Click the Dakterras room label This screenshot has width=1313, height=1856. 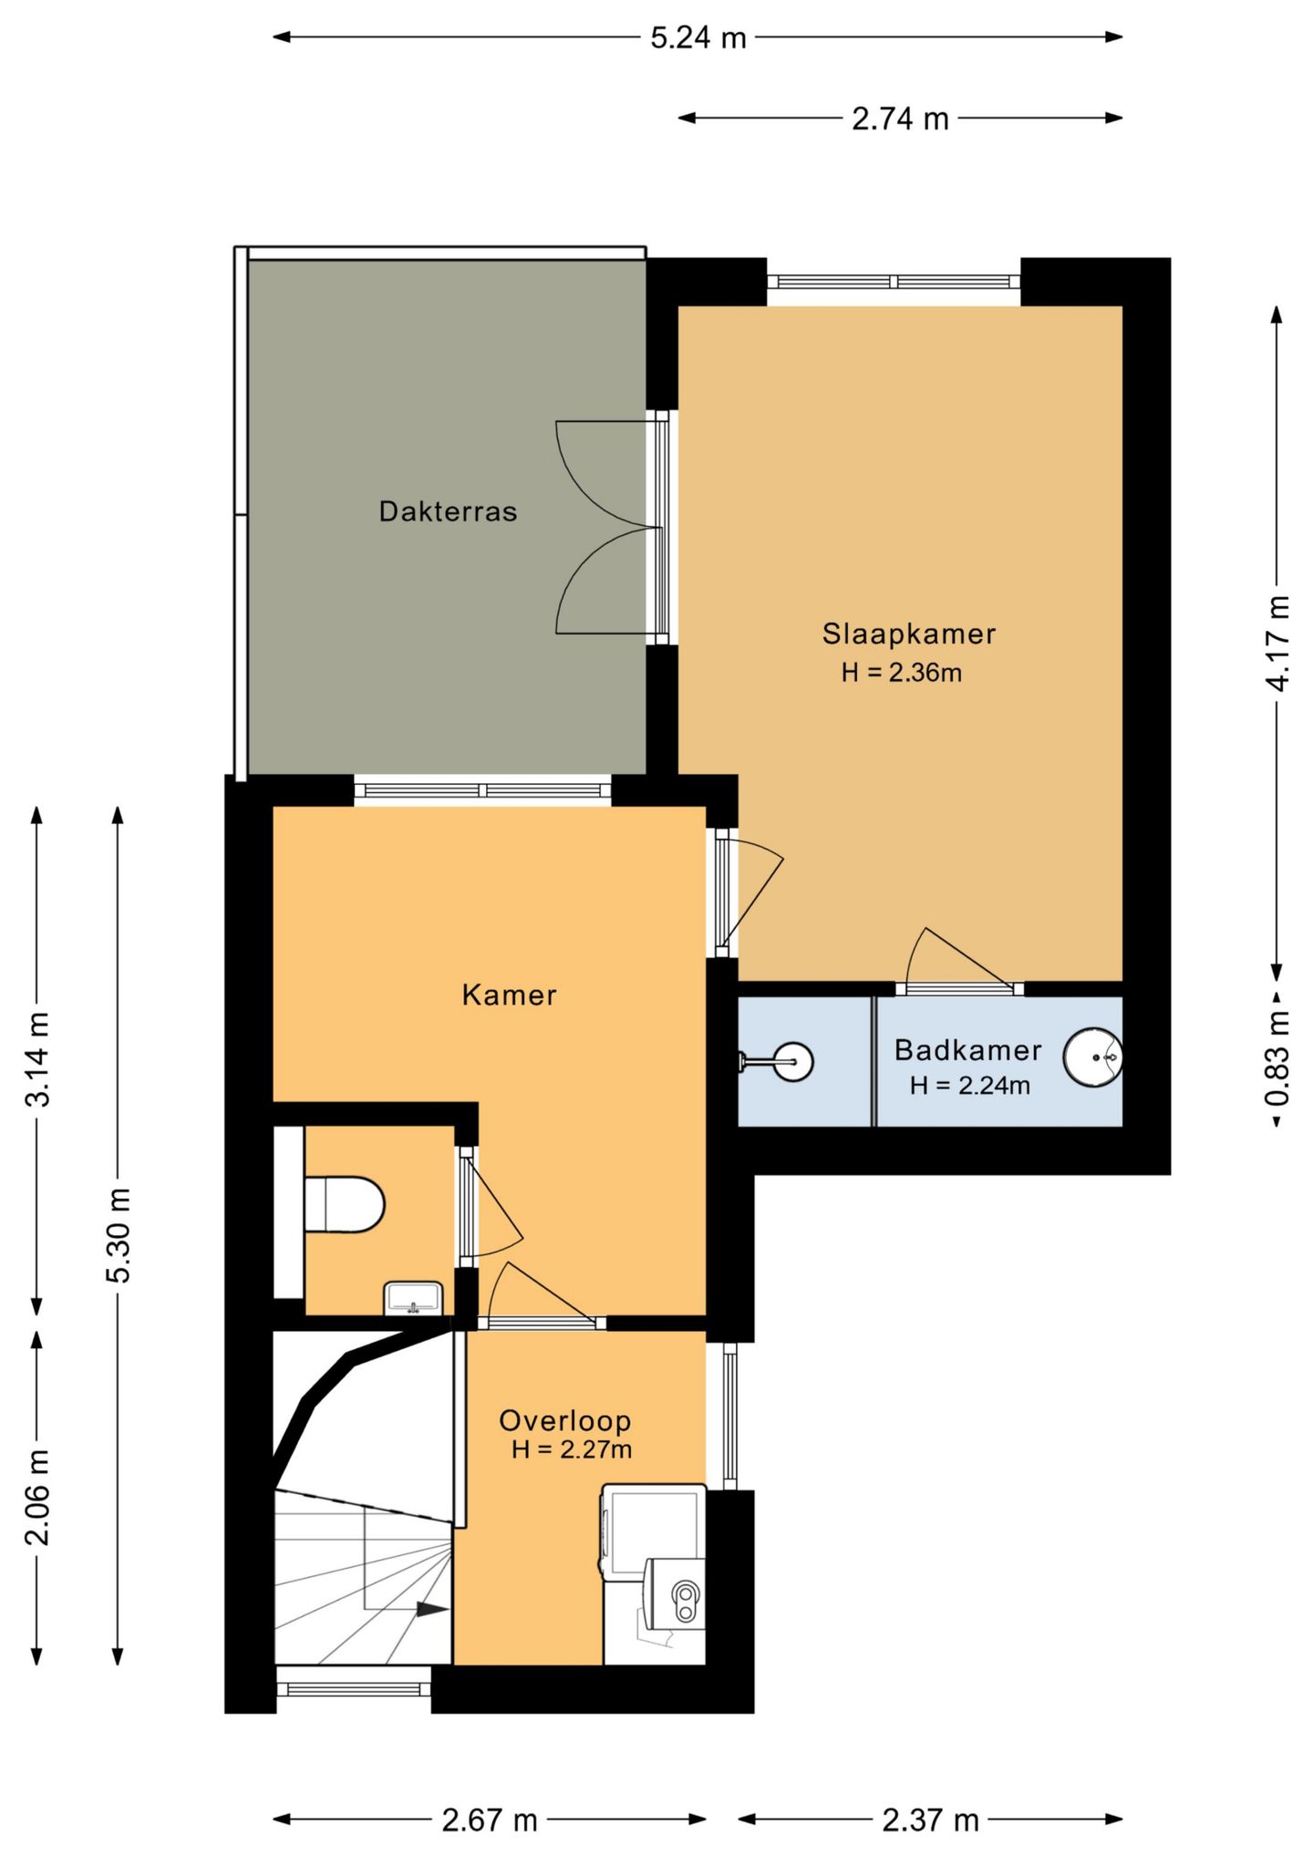(x=448, y=511)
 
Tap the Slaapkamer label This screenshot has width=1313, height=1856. (x=909, y=634)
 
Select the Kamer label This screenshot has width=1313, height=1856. (x=509, y=995)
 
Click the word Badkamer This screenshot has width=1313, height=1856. (x=967, y=1050)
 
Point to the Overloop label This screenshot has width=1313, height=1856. (x=565, y=1419)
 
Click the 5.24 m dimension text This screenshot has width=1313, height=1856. (x=698, y=38)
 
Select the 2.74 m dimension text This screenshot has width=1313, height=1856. (x=901, y=119)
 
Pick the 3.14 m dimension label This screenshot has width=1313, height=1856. (x=37, y=1058)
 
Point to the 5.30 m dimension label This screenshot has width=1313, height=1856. (x=119, y=1235)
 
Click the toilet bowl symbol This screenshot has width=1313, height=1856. (x=344, y=1204)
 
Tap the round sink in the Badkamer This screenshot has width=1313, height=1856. (x=1093, y=1057)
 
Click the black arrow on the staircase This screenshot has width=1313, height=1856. (x=432, y=1609)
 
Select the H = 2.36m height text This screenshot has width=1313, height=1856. (x=902, y=674)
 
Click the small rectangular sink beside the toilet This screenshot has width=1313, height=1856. (x=414, y=1298)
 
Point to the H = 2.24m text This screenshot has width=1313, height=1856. (x=970, y=1086)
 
